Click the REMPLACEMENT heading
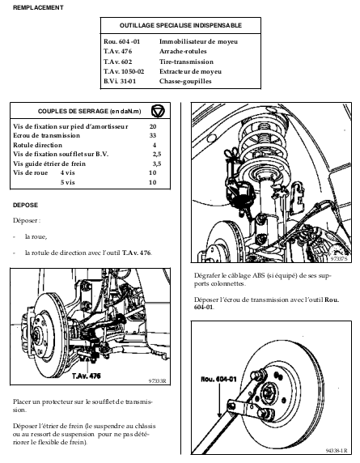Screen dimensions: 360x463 tap(38, 7)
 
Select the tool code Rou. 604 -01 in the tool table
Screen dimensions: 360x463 tap(121, 41)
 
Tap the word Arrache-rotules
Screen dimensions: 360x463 tap(183, 51)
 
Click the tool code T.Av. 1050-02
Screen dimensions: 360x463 tap(124, 71)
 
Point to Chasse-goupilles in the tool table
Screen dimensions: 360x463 tap(185, 81)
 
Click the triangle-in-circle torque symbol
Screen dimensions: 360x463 tap(158, 111)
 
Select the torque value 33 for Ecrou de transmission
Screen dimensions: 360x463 tap(153, 135)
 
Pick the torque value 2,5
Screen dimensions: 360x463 tap(157, 154)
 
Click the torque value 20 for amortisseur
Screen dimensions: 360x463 tap(153, 126)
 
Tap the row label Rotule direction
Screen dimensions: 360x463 tap(37, 145)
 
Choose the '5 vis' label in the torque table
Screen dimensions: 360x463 tap(68, 182)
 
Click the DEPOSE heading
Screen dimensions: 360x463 tap(25, 205)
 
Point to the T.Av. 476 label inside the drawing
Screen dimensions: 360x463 tap(87, 376)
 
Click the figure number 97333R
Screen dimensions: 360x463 tap(157, 381)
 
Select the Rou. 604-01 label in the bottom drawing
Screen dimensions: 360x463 tap(218, 379)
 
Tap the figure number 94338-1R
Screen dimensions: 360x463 tap(337, 451)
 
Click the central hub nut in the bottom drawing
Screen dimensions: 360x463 tap(268, 393)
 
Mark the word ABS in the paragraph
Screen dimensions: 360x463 tap(259, 275)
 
